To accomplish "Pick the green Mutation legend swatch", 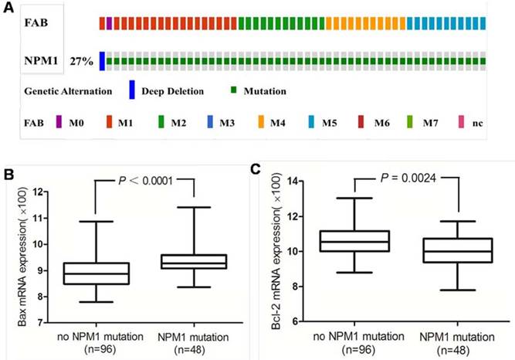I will point(233,90).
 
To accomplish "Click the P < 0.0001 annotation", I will point(145,182).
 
